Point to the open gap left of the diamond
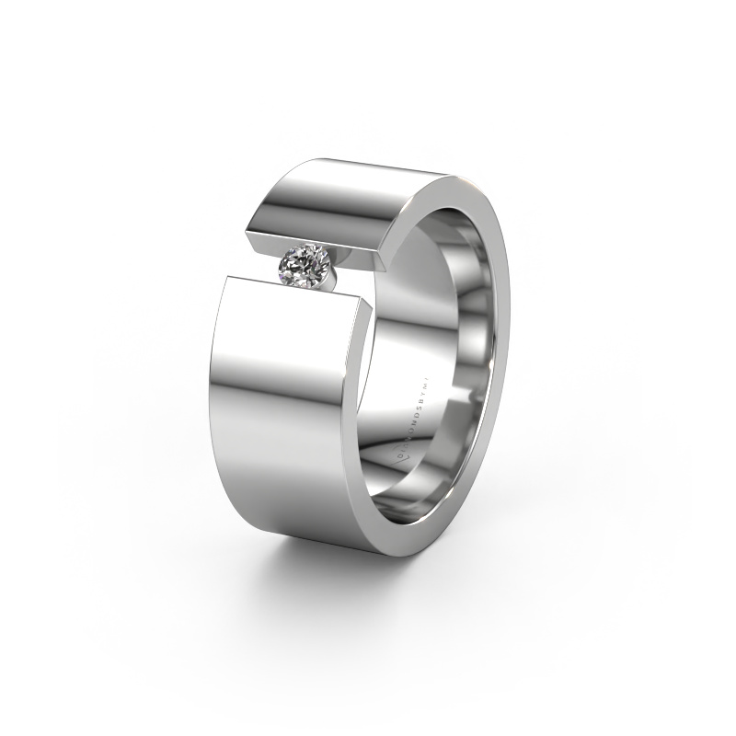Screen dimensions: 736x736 click(x=262, y=267)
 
